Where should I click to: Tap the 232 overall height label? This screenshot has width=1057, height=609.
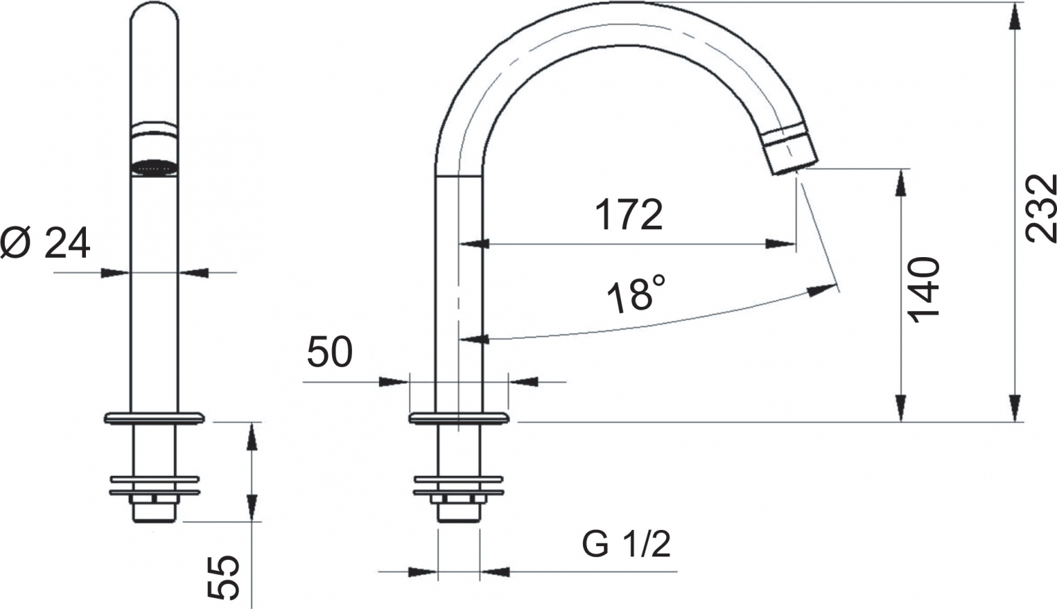pos(1041,209)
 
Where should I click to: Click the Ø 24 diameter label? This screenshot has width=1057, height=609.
pos(45,243)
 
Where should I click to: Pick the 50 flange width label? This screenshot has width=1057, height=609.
pos(329,352)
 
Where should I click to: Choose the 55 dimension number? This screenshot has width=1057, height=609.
pos(223,577)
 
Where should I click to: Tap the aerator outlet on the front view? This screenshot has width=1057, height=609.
pos(154,168)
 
